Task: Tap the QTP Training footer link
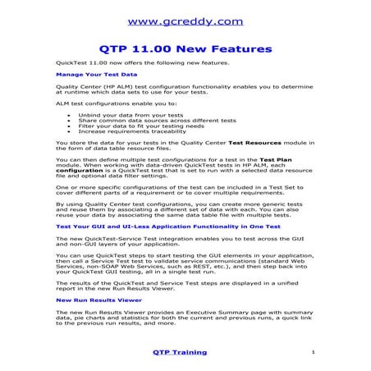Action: coord(179,352)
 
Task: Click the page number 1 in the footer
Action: coord(314,352)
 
